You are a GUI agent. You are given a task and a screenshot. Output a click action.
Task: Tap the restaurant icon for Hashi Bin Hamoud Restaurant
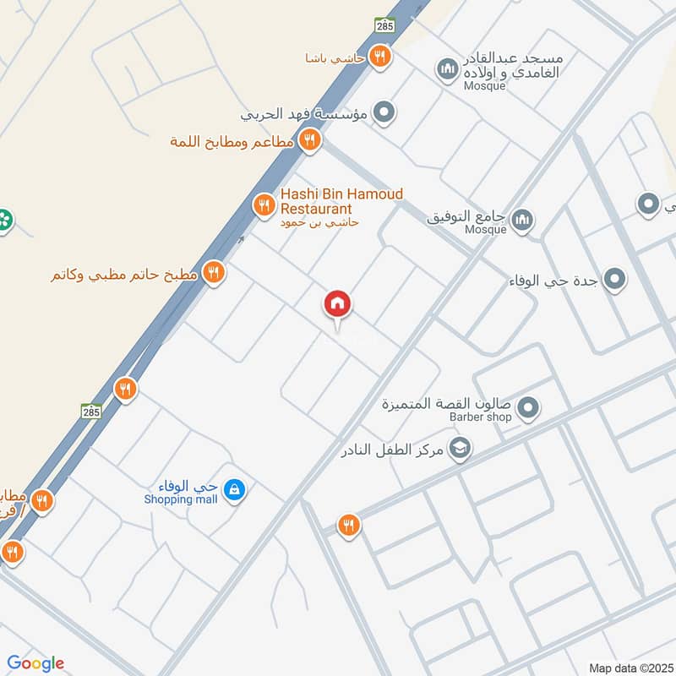[x=264, y=204]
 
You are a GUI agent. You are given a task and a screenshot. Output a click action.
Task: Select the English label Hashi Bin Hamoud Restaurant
[x=341, y=201]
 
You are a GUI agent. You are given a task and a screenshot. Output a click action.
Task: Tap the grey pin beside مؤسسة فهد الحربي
[x=384, y=112]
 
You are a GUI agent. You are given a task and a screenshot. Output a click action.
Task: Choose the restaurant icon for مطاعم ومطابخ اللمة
[x=310, y=140]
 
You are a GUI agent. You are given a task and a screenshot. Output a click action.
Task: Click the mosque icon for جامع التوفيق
[x=523, y=219]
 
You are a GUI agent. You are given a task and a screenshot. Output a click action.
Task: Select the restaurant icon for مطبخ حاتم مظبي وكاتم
[x=214, y=272]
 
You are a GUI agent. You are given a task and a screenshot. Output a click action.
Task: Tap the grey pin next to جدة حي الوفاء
[x=615, y=280]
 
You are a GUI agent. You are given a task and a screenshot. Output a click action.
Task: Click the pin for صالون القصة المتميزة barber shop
[x=529, y=409]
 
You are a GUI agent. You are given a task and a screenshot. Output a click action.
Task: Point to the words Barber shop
[x=480, y=417]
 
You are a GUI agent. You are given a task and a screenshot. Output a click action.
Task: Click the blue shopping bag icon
[x=237, y=489]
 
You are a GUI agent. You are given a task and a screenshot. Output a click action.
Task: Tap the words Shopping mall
[x=180, y=499]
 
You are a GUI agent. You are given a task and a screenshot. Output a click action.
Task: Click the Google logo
[x=35, y=663]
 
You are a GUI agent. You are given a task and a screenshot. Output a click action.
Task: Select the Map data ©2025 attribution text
[x=630, y=668]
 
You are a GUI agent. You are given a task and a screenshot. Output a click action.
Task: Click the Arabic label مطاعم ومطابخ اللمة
[x=232, y=141]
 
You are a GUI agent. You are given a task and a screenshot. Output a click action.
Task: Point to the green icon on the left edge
[x=4, y=220]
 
